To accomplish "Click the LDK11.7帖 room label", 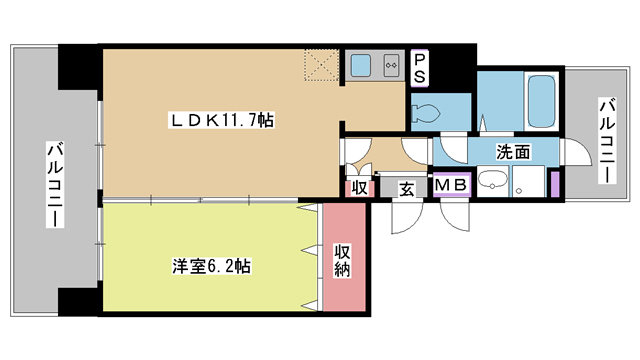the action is (x=221, y=121).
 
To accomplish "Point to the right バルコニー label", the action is (x=607, y=139).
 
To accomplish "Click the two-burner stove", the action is (x=391, y=67).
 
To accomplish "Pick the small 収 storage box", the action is (x=358, y=188).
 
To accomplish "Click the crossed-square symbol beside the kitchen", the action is (x=324, y=66).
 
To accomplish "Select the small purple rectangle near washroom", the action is (x=553, y=184).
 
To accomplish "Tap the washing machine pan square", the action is (x=524, y=181).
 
